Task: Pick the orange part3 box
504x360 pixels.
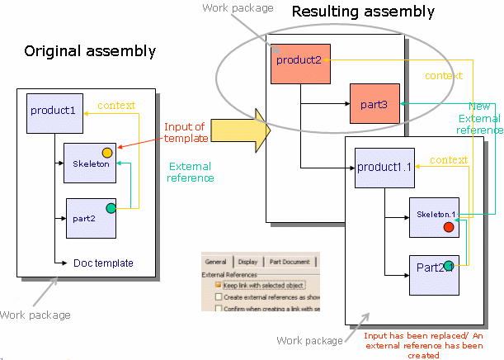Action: coord(374,105)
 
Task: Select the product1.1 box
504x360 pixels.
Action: coord(384,168)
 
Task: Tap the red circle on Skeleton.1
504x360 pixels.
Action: coord(448,227)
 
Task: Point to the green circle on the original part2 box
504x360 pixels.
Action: coord(111,207)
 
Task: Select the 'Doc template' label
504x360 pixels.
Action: coord(103,263)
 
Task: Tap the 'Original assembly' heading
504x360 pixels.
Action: coord(90,51)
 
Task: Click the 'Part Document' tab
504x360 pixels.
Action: coord(290,262)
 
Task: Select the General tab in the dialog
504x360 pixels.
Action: coord(216,262)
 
